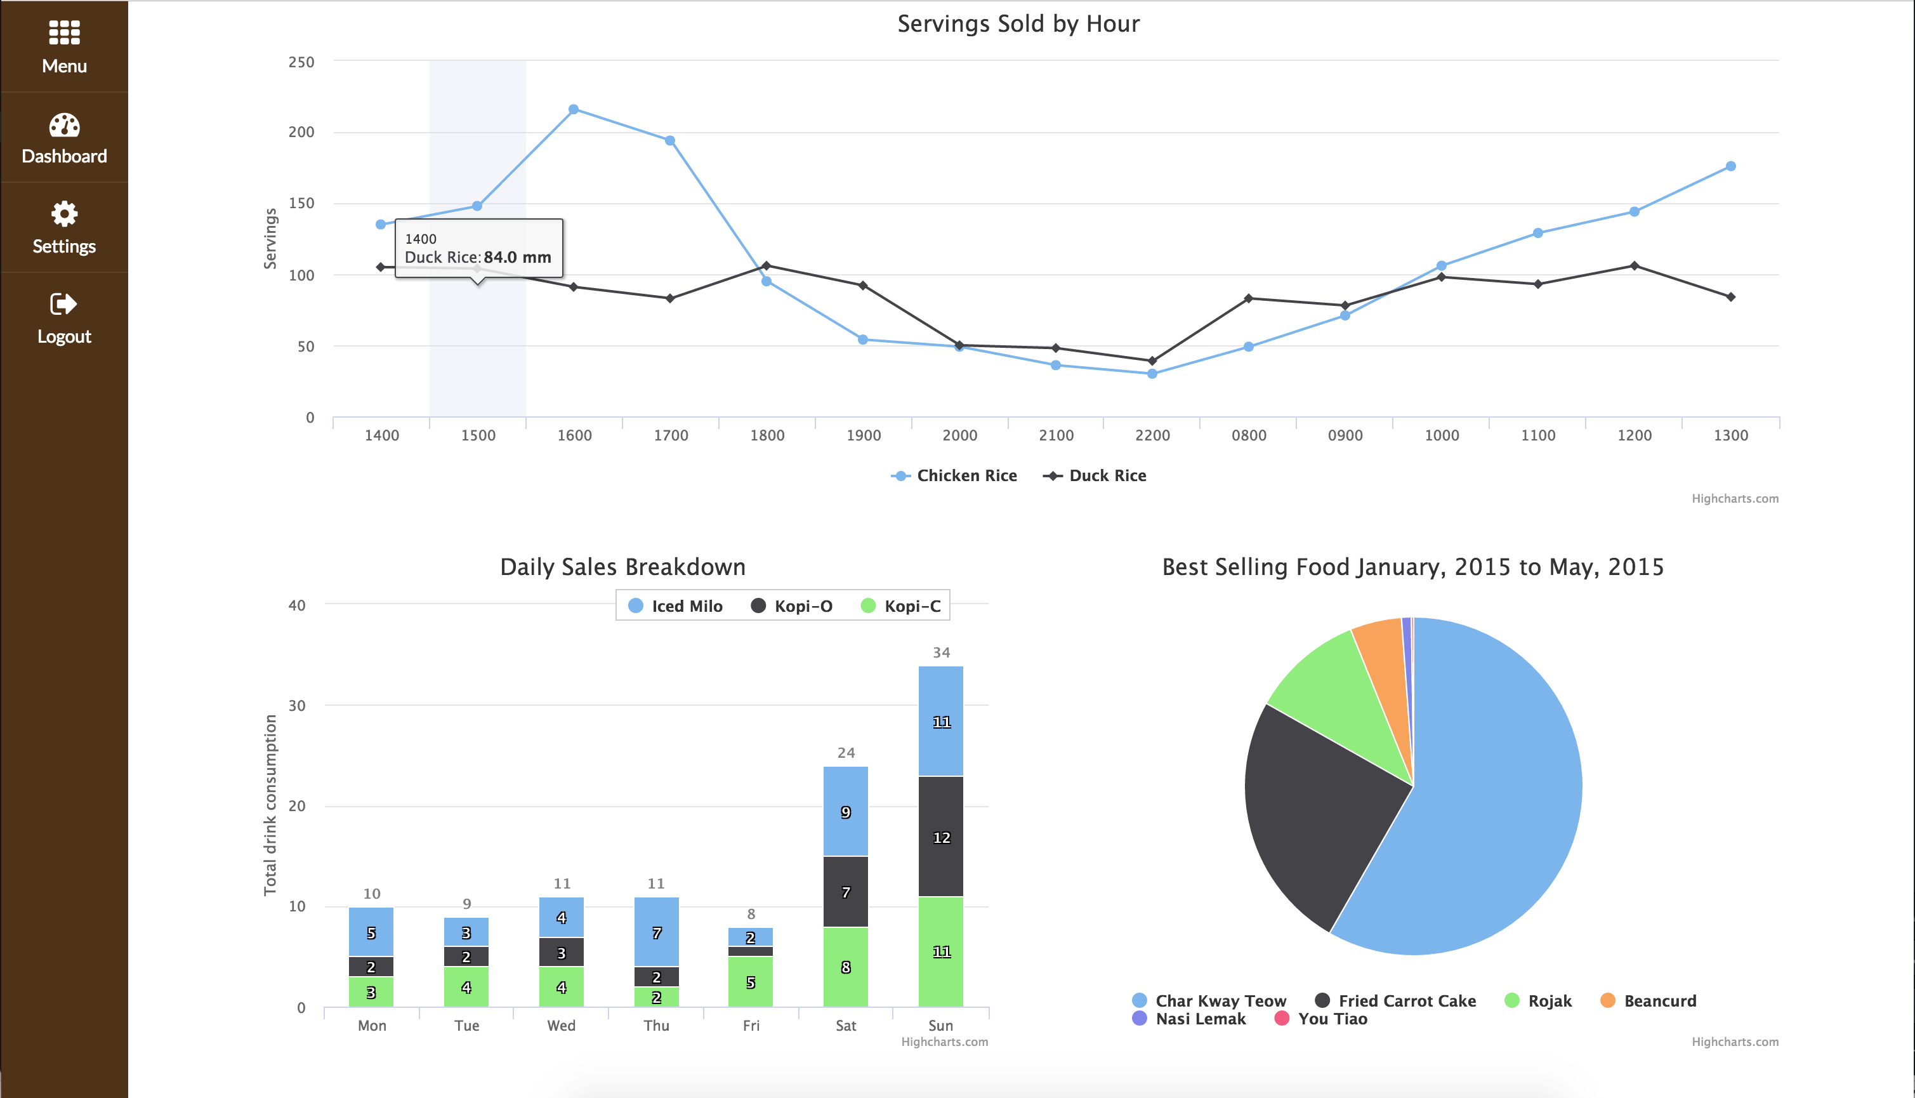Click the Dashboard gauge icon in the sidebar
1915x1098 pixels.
[64, 125]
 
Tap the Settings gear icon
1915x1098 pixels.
[64, 214]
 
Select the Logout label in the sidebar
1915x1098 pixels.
[64, 336]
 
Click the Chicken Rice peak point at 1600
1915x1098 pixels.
[574, 109]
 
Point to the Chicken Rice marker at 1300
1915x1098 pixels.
[1730, 166]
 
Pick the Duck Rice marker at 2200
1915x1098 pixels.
[1152, 360]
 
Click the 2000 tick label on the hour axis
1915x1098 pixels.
[960, 435]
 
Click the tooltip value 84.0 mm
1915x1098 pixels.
[517, 257]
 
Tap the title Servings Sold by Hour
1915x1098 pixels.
[1018, 24]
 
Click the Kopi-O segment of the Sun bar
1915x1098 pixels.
[941, 837]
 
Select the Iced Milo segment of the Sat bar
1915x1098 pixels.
[845, 811]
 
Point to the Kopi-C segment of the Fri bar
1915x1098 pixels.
[750, 982]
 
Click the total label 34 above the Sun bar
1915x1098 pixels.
[941, 652]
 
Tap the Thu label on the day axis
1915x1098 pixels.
[656, 1026]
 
